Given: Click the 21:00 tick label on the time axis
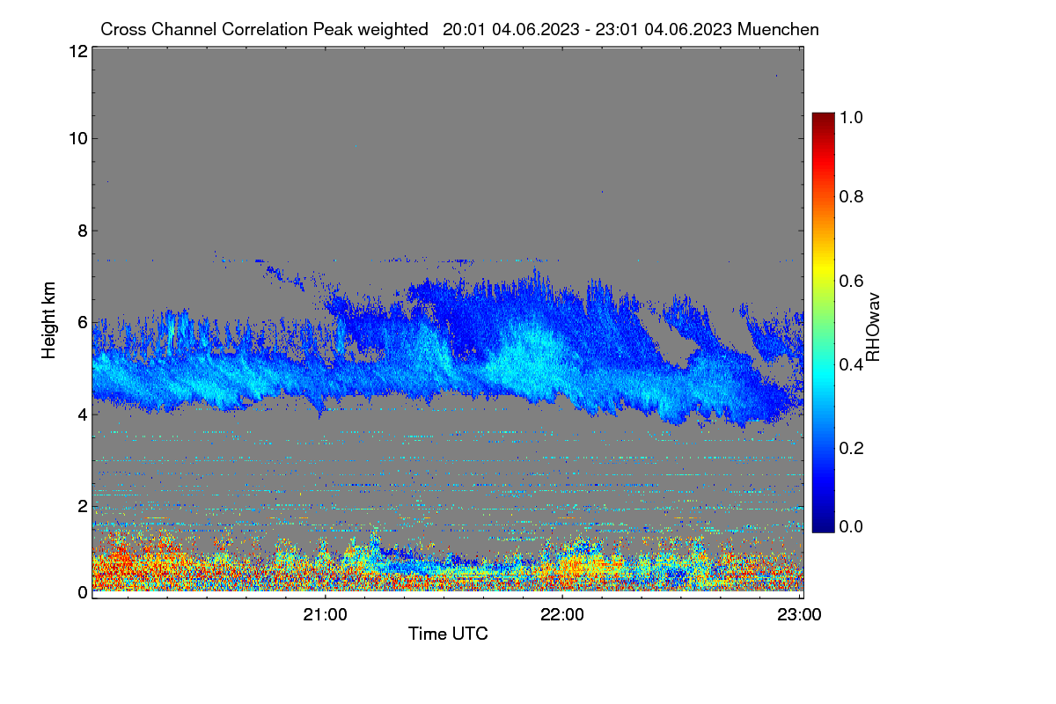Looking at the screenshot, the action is click(x=325, y=615).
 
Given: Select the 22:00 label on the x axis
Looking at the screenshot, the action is click(x=562, y=615).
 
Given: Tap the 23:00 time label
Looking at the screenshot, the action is click(x=799, y=615).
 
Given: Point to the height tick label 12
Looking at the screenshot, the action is click(x=78, y=51).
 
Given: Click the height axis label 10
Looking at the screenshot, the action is click(x=78, y=139).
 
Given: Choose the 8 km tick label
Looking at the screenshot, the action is click(x=83, y=231).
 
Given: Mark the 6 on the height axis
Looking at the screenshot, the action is click(x=83, y=323).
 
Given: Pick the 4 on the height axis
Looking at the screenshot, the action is click(x=83, y=415).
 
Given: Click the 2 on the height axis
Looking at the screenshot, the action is click(x=83, y=506).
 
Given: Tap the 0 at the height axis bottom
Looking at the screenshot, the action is click(x=83, y=593).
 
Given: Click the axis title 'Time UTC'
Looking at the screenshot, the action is click(x=448, y=634).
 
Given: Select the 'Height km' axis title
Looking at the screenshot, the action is click(x=48, y=320).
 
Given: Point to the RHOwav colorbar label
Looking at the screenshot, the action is click(x=873, y=327).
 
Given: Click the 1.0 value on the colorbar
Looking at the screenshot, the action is click(x=851, y=117).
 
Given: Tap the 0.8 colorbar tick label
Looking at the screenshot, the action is click(x=851, y=196).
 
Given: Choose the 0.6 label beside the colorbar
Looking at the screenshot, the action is click(x=851, y=281).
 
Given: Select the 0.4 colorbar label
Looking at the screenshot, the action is click(x=851, y=364).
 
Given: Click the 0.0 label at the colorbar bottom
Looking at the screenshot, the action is click(x=851, y=526).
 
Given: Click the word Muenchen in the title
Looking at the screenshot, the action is click(x=778, y=29).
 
